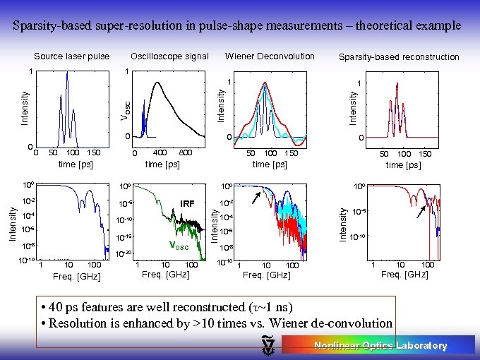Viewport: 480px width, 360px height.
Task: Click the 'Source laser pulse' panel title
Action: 71,56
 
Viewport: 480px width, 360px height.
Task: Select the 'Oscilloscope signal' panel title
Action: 169,56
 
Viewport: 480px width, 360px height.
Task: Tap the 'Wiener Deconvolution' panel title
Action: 270,56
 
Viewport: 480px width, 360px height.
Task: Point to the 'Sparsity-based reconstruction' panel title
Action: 399,57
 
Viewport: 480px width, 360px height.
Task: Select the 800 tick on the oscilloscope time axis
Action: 186,152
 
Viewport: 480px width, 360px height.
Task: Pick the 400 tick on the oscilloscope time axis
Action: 160,152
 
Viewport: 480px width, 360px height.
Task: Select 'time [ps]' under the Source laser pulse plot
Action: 76,164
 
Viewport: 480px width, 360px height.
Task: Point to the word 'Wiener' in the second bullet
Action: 283,323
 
